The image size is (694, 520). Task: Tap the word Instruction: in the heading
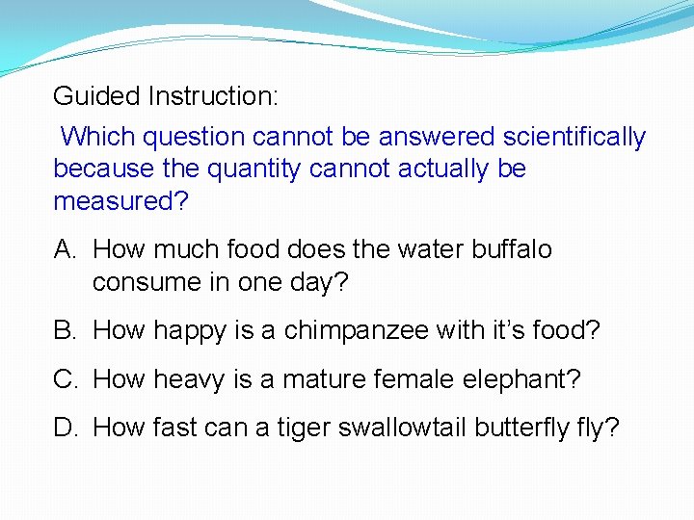tap(213, 96)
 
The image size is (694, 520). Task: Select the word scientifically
tap(570, 138)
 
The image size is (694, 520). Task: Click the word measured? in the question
tap(121, 201)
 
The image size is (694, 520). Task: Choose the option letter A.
tap(65, 249)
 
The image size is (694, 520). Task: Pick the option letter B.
tap(65, 331)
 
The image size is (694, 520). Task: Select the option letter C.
tap(66, 379)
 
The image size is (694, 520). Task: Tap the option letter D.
tap(66, 428)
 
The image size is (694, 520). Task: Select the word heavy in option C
tap(194, 380)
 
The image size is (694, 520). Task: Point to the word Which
tap(94, 138)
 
